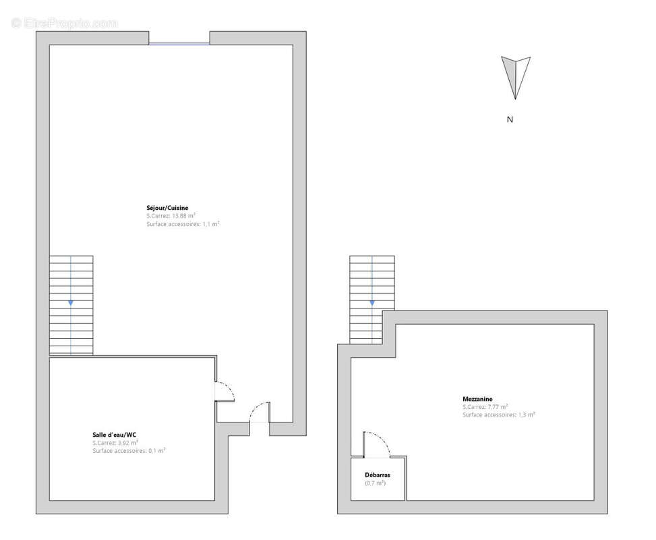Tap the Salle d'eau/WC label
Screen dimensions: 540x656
click(x=115, y=434)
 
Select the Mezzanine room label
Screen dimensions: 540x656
click(x=477, y=399)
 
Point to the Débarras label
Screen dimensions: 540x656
click(x=377, y=475)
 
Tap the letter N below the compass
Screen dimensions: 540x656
click(x=510, y=119)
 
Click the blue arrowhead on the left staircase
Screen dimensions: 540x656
click(x=71, y=303)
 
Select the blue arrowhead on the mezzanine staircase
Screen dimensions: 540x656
click(x=371, y=303)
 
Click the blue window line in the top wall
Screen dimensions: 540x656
click(x=179, y=44)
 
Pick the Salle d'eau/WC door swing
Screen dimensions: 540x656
click(x=225, y=391)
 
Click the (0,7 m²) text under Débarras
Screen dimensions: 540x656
click(x=376, y=483)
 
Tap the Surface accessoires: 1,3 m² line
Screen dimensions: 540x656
click(x=499, y=415)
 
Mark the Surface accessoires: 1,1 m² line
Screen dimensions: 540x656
click(x=183, y=223)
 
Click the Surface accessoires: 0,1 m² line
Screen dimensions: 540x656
click(x=129, y=450)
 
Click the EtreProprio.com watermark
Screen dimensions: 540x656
click(x=65, y=24)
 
